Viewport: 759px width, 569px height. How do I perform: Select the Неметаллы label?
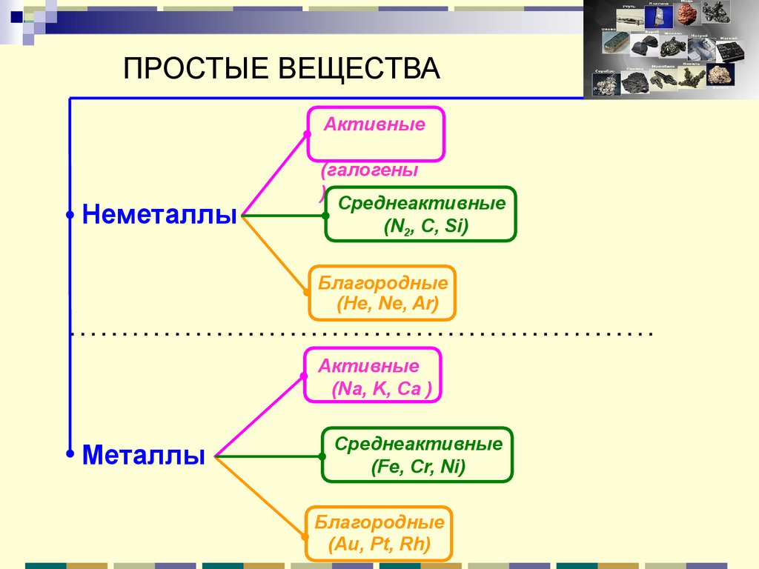point(159,215)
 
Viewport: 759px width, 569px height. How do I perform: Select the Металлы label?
point(144,453)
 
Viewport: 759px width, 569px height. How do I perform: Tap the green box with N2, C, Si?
point(420,215)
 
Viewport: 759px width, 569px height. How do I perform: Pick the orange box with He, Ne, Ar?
point(382,293)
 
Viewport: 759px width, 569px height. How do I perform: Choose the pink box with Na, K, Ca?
point(372,376)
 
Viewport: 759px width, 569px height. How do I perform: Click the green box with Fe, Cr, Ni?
point(417,455)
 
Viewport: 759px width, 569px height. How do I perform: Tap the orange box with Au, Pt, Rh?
point(379,533)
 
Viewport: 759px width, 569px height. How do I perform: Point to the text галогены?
point(369,171)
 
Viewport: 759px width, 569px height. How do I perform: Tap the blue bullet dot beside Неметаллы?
point(70,216)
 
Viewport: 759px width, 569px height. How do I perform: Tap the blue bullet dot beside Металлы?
point(70,453)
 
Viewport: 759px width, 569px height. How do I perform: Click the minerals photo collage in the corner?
point(671,49)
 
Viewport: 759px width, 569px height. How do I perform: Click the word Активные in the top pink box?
point(374,124)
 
